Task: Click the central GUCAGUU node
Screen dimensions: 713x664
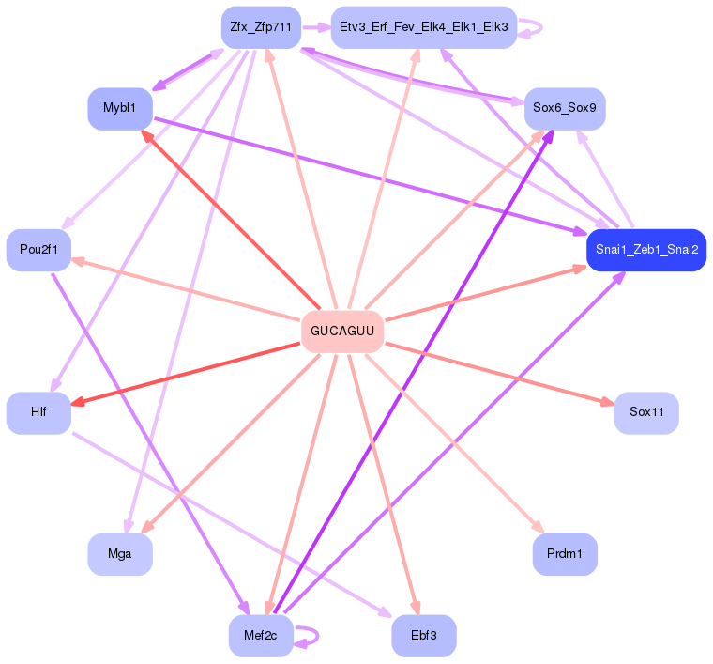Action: [342, 332]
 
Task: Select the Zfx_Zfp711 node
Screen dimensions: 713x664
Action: [261, 28]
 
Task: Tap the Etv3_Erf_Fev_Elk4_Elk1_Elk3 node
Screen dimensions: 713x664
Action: [424, 28]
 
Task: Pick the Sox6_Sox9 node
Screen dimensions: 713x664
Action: [564, 108]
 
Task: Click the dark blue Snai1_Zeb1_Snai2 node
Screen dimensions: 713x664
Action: [645, 250]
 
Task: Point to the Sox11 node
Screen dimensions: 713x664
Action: [646, 412]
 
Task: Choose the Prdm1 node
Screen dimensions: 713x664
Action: [565, 554]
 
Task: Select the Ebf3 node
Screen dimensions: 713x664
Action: [423, 636]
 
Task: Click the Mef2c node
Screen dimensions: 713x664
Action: [261, 636]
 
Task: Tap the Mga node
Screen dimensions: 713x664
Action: [119, 554]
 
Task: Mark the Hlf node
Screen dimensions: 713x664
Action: [38, 412]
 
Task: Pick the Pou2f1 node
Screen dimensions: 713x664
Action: [38, 249]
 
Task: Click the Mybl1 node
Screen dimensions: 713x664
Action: [120, 108]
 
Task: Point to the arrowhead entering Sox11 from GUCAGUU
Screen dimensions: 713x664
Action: [609, 404]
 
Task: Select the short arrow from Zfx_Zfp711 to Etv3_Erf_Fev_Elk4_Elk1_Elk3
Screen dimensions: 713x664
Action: [315, 28]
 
